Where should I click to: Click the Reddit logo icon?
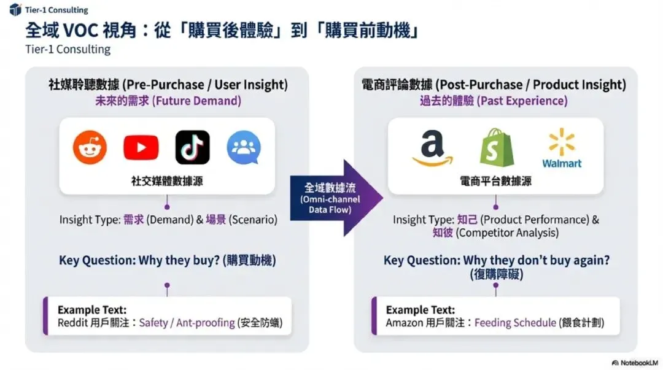[x=90, y=148]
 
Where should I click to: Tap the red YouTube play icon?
[x=141, y=148]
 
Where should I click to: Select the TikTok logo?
[x=192, y=147]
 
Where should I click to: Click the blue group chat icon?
[x=244, y=148]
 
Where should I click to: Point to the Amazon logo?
[x=432, y=149]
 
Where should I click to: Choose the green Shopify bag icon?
[x=496, y=147]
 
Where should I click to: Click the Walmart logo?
[x=561, y=148]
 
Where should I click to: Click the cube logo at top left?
[x=15, y=10]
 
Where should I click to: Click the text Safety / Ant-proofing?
[x=187, y=323]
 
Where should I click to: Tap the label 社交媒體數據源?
[x=166, y=181]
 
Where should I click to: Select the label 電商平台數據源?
[x=495, y=181]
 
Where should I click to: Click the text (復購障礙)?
[x=496, y=274]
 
